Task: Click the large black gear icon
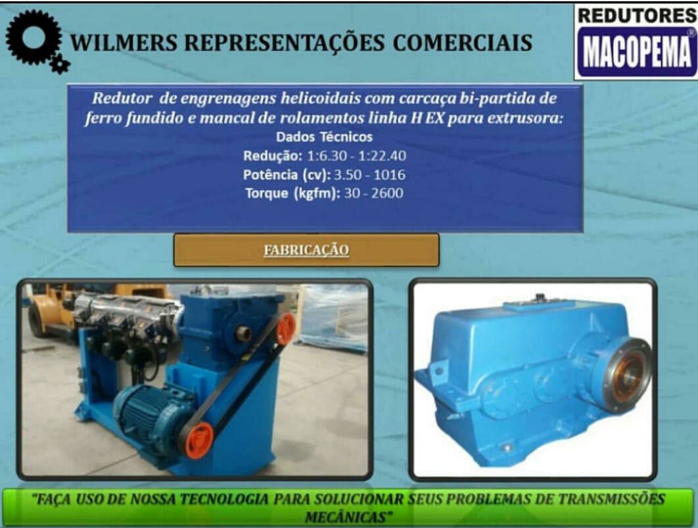34,37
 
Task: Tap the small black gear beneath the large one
60,64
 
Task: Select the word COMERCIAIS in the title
463,43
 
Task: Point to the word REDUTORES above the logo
637,16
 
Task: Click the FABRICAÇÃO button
306,251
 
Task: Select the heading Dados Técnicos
324,137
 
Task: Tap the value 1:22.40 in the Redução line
382,156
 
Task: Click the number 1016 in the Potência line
390,174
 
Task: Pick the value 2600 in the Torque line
388,193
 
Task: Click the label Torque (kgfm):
293,194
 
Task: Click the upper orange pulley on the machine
286,329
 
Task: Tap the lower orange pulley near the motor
199,441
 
